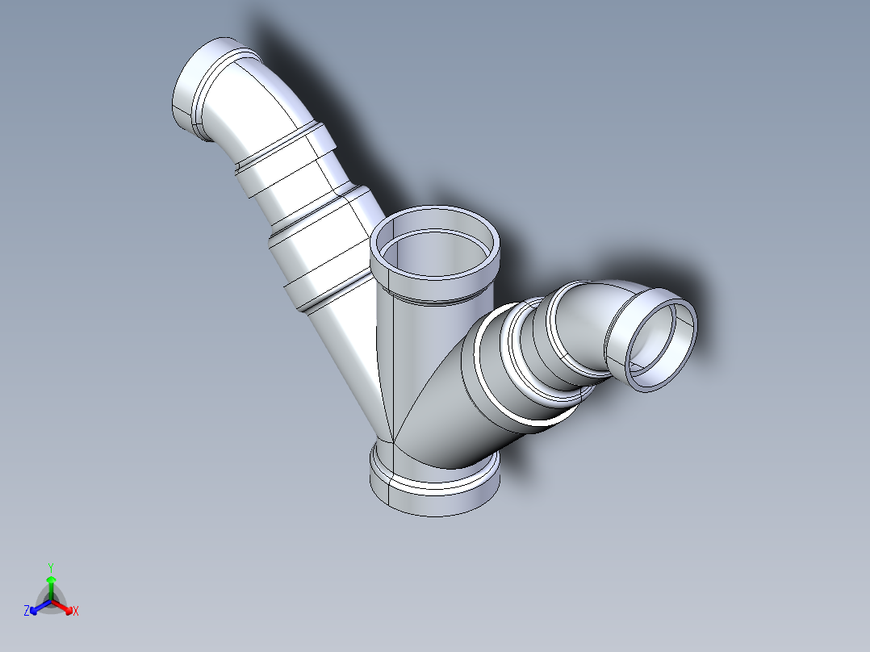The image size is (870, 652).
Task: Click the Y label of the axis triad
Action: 51,566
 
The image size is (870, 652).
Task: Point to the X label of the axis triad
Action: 76,612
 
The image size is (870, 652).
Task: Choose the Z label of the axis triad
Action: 27,612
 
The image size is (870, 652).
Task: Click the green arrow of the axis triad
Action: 51,583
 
